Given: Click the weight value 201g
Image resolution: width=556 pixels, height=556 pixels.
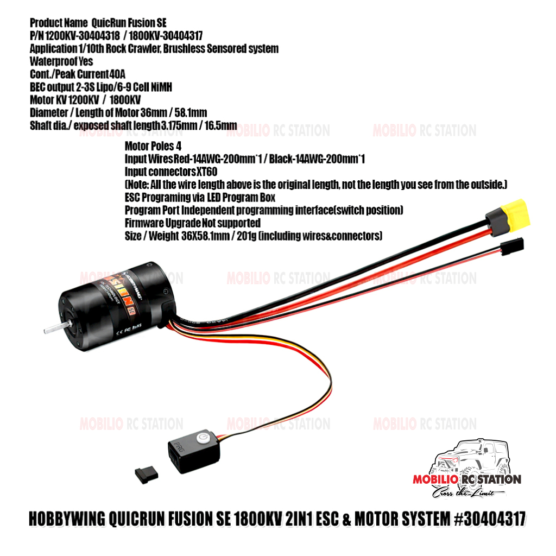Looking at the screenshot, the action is [246, 236].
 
